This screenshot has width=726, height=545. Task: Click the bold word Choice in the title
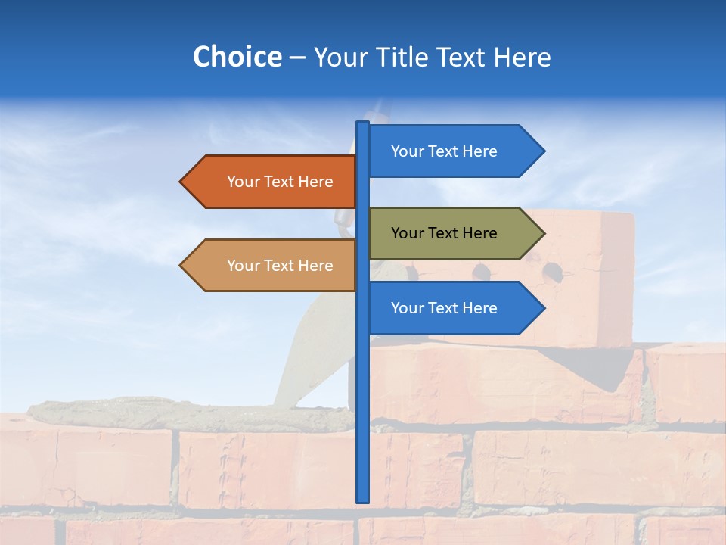[x=237, y=57]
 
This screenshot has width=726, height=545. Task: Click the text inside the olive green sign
[x=444, y=233]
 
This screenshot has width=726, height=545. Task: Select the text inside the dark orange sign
[x=280, y=182]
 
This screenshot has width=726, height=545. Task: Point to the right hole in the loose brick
[x=553, y=270]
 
